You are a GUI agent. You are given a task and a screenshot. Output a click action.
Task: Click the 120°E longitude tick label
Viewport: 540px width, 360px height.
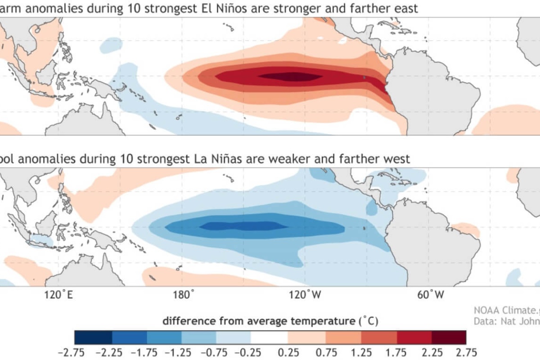(x=58, y=295)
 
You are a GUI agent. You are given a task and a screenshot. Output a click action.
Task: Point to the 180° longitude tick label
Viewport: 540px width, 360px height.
(x=184, y=295)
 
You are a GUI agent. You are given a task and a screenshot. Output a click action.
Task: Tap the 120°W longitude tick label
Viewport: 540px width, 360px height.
(x=308, y=295)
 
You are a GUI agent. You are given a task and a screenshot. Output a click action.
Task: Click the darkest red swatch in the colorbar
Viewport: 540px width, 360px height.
(x=448, y=337)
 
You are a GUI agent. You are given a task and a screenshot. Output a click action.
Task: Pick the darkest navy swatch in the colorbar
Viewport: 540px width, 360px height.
(x=94, y=337)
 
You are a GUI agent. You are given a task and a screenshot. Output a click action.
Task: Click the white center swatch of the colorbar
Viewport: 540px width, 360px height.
(x=269, y=337)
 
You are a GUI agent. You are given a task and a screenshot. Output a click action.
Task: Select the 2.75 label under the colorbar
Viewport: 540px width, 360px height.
(x=466, y=352)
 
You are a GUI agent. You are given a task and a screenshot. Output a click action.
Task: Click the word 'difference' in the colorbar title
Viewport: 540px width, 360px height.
(x=185, y=321)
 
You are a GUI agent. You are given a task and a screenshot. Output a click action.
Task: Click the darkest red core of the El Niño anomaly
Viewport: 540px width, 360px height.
(x=288, y=76)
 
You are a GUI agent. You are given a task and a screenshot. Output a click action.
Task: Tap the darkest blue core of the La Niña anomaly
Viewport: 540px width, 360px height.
(x=243, y=226)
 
